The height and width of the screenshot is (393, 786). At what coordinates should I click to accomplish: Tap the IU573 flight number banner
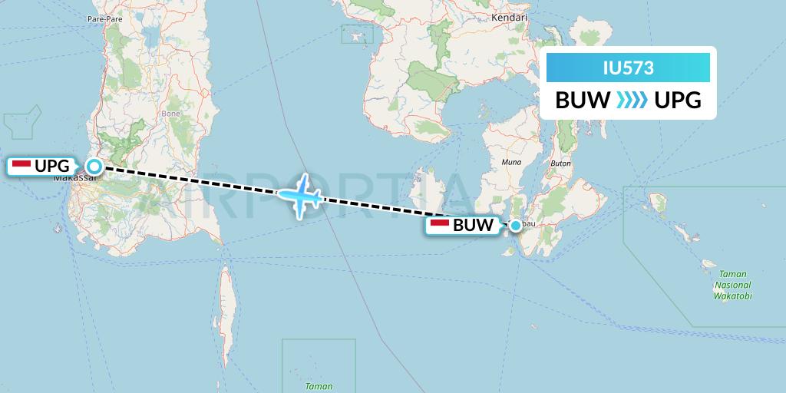click(x=628, y=68)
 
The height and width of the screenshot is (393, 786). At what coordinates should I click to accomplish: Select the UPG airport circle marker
click(x=94, y=166)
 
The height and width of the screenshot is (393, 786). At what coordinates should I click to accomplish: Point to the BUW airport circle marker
click(x=516, y=226)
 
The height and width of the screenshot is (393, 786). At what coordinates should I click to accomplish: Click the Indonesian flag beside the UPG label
click(x=21, y=165)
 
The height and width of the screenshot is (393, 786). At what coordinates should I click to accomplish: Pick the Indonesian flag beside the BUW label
click(x=440, y=226)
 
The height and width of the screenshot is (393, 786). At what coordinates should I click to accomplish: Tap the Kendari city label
click(x=512, y=17)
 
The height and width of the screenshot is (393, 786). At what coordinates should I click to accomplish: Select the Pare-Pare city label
click(x=105, y=18)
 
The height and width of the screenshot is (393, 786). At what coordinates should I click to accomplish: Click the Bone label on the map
click(x=170, y=113)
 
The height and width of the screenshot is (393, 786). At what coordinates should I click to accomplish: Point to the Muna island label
click(x=510, y=163)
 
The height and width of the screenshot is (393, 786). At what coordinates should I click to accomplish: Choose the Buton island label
click(x=562, y=163)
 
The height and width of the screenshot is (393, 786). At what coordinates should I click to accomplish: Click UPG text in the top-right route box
click(x=678, y=100)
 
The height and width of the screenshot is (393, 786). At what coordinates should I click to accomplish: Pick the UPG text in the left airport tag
click(x=52, y=166)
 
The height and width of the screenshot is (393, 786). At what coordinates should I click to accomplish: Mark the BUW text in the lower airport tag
click(x=473, y=226)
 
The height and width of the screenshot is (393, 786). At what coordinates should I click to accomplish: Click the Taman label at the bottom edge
click(x=319, y=386)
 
